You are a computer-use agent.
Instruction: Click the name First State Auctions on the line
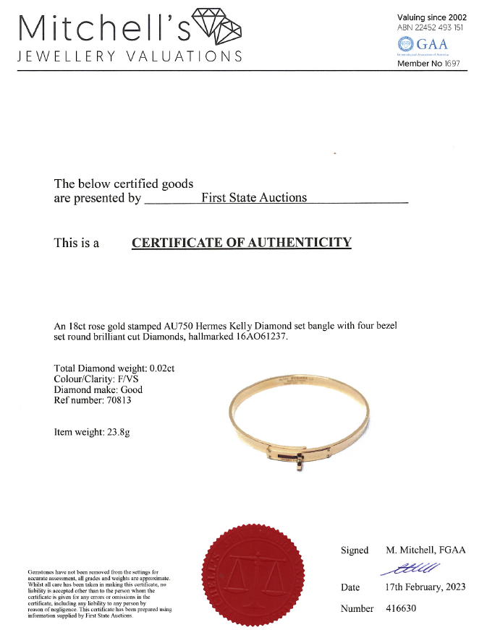pyautogui.click(x=253, y=198)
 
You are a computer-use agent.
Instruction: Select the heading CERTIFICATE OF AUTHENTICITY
pyautogui.click(x=241, y=243)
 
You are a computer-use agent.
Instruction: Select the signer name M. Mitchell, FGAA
pyautogui.click(x=425, y=550)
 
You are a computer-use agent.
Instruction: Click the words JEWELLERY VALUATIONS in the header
pyautogui.click(x=129, y=57)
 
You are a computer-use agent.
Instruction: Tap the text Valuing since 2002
pyautogui.click(x=432, y=17)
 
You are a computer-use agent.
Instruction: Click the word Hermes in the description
pyautogui.click(x=216, y=326)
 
